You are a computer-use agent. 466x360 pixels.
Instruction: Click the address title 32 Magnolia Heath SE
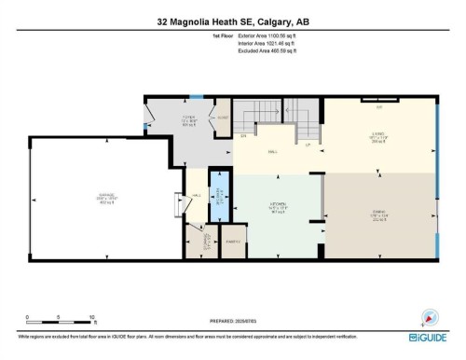click(x=233, y=22)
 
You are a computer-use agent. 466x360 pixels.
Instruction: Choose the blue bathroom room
click(x=217, y=196)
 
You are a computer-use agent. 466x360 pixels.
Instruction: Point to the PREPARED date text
click(x=233, y=322)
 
